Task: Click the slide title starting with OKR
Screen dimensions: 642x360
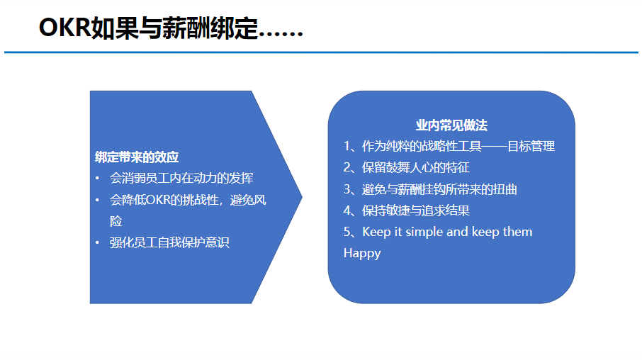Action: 171,28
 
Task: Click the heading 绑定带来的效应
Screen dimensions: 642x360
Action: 137,157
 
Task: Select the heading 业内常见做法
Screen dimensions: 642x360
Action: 451,125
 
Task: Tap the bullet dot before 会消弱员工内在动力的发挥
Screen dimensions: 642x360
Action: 98,178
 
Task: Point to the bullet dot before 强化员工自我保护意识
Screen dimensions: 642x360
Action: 98,242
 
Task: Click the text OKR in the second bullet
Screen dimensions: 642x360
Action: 157,200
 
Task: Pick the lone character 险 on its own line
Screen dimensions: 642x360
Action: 116,221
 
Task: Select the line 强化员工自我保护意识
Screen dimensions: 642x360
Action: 169,242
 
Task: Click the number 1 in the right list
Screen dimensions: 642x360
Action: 347,146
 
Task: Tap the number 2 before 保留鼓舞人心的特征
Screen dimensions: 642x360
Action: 347,167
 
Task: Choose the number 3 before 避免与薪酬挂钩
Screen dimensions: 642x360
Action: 347,189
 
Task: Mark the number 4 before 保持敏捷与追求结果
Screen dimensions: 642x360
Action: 347,210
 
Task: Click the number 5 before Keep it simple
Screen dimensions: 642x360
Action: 347,232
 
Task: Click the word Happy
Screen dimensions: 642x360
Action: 362,254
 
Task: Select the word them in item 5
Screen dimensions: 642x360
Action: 517,232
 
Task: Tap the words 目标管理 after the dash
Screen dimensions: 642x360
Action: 531,146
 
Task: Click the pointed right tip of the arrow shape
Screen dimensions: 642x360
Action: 302,197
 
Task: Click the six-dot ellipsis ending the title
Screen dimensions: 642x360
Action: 281,36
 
